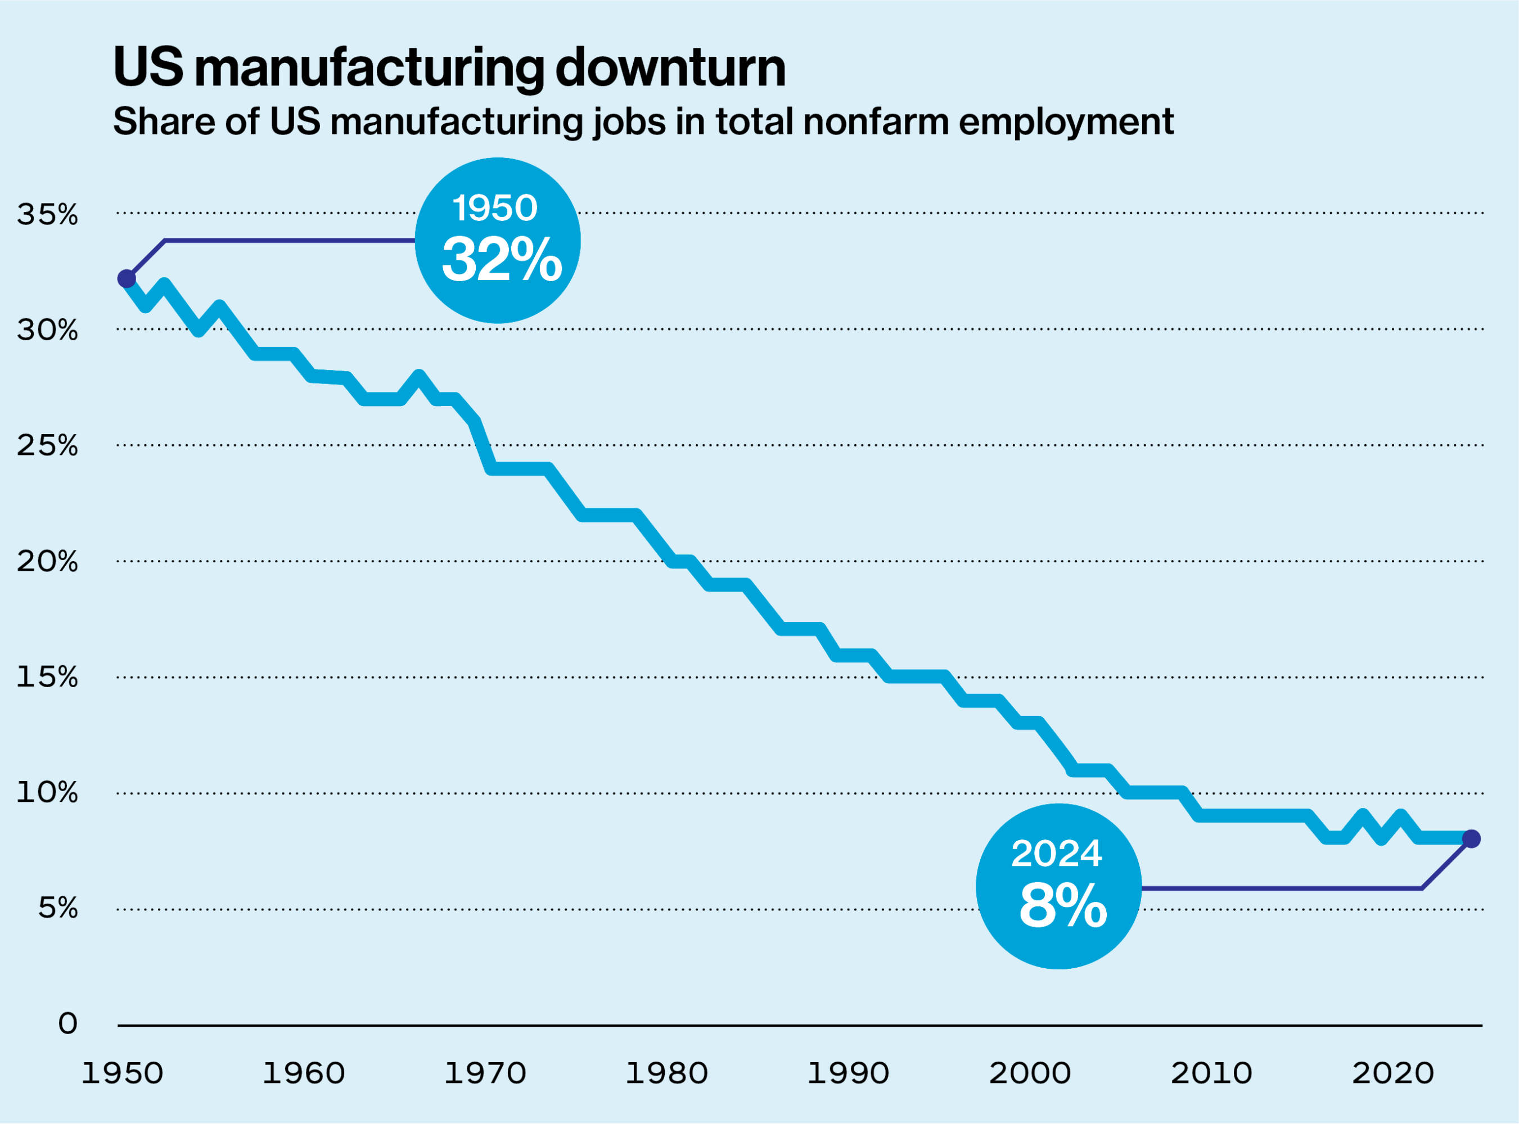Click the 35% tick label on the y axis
(x=47, y=214)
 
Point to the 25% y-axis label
(x=47, y=446)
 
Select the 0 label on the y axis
(x=67, y=1023)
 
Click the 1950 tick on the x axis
(x=123, y=1073)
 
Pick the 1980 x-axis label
(x=666, y=1073)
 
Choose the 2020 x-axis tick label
(x=1392, y=1073)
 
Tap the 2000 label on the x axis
(x=1030, y=1073)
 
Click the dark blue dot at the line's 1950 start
(x=127, y=278)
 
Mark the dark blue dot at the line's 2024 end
(x=1471, y=839)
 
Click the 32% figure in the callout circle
(x=502, y=260)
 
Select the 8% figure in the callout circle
(x=1062, y=906)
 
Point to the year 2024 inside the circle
(x=1056, y=854)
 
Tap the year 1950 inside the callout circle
(x=495, y=208)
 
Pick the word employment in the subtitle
(x=1066, y=122)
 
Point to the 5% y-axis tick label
(x=57, y=908)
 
